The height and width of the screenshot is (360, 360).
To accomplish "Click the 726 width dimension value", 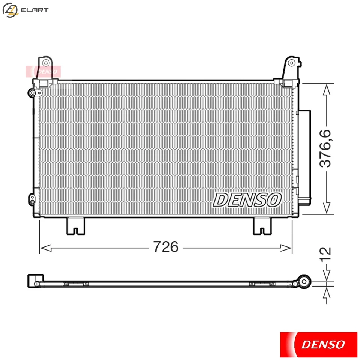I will (165, 247).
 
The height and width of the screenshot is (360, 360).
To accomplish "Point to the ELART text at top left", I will (35, 10).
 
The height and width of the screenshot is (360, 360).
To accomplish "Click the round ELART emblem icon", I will (10, 10).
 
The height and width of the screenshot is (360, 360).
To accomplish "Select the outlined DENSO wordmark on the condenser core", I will (247, 199).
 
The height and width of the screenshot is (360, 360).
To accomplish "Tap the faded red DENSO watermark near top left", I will (43, 70).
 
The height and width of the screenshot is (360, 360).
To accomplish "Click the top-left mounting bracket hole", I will (46, 62).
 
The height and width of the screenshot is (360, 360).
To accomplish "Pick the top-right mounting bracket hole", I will (292, 63).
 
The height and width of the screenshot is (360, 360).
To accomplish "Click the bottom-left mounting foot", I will (76, 226).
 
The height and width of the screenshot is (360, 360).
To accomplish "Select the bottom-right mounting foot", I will (262, 226).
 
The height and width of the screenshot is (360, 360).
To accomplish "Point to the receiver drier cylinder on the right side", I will (304, 156).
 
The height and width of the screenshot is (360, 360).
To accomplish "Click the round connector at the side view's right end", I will (304, 281).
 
